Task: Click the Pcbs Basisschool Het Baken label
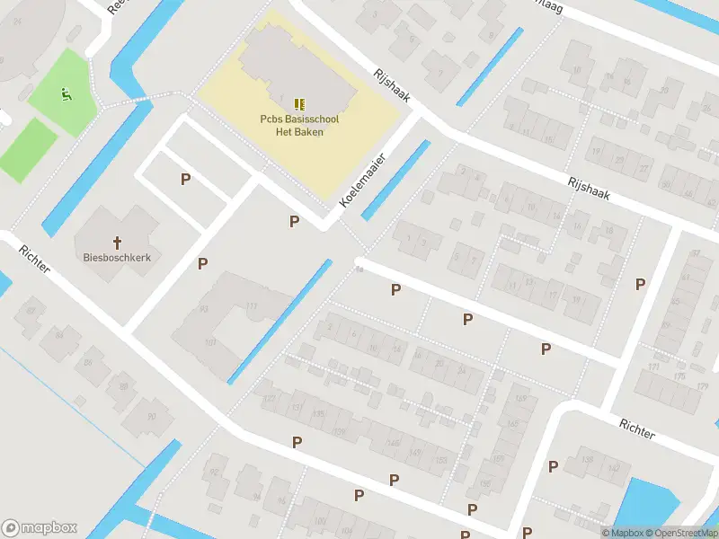[x=299, y=125]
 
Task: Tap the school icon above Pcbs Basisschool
[x=299, y=103]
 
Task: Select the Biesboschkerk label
[x=116, y=257]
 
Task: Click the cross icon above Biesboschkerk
[x=117, y=242]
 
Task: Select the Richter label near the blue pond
[x=637, y=428]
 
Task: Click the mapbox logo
[x=40, y=528]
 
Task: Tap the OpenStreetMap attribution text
[x=688, y=533]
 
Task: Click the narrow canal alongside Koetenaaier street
[x=395, y=172]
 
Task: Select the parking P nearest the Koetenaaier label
[x=293, y=221]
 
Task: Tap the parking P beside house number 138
[x=553, y=466]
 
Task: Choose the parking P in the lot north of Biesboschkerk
[x=185, y=179]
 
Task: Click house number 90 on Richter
[x=151, y=415]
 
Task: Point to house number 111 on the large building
[x=253, y=307]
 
